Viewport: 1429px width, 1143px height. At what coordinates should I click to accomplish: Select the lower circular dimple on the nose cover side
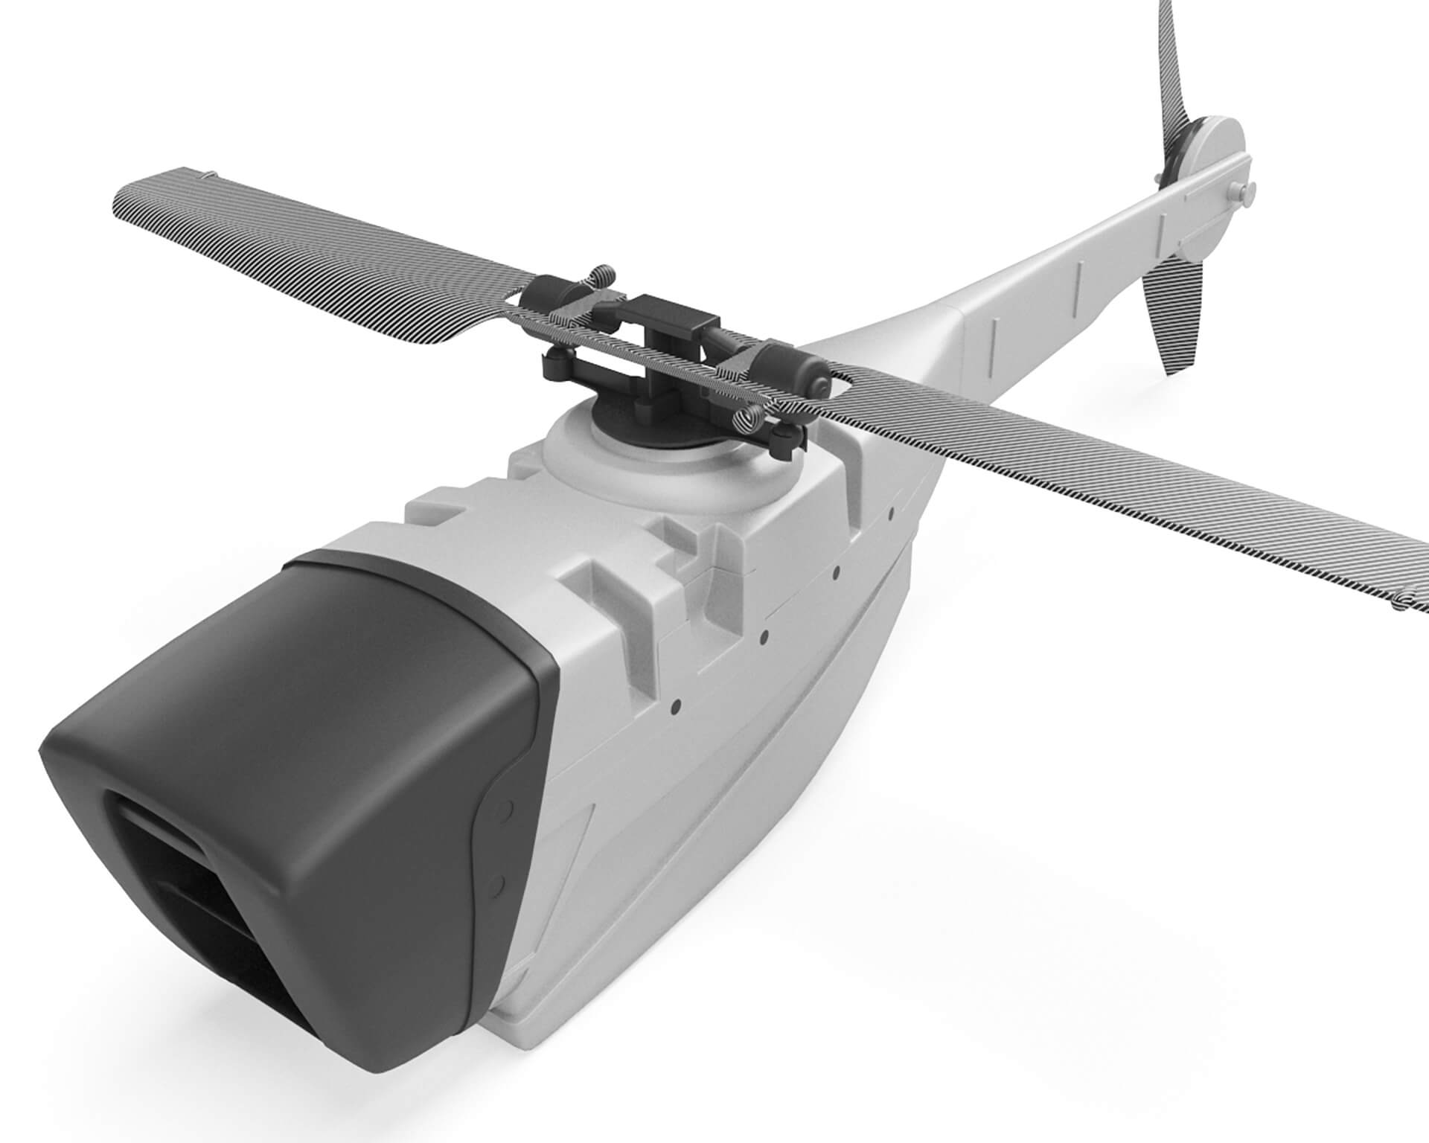pyautogui.click(x=496, y=883)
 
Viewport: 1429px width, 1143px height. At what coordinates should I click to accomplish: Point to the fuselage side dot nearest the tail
pyautogui.click(x=892, y=512)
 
